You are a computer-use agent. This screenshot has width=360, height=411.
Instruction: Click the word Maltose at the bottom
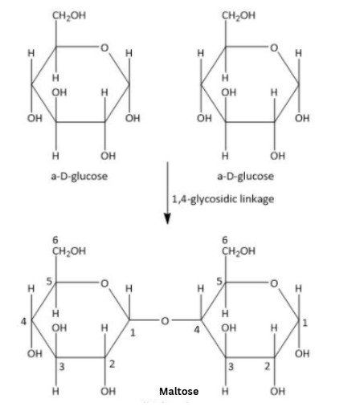(x=179, y=392)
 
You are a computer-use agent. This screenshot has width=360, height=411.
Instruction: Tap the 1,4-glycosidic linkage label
(x=223, y=199)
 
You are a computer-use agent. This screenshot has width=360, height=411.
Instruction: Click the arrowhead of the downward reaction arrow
(x=167, y=218)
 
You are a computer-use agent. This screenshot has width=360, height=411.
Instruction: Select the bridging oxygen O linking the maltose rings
(x=165, y=320)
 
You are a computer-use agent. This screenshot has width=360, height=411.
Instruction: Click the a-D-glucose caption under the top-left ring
(x=80, y=177)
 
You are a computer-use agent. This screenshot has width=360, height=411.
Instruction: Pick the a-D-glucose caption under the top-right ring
(x=245, y=177)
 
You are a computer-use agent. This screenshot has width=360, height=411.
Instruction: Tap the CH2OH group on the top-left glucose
(x=69, y=15)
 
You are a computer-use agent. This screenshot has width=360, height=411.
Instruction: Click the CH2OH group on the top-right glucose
(x=239, y=15)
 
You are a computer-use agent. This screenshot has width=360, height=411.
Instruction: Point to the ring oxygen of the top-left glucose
(x=104, y=47)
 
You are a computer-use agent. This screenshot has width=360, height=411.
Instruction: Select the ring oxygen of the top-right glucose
(x=274, y=47)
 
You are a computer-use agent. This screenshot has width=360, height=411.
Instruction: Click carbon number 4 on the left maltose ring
(x=24, y=321)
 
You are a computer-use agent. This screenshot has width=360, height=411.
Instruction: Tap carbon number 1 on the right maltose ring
(x=305, y=323)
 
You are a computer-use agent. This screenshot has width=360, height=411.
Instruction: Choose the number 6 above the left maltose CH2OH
(x=55, y=240)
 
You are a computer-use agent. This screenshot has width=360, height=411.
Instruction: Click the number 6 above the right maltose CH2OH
(x=224, y=240)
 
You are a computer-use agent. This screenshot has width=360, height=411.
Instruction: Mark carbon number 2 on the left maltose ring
(x=112, y=364)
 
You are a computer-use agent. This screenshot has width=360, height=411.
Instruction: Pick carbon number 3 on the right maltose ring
(x=231, y=367)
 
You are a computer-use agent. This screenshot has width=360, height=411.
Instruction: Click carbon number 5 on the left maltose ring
(x=50, y=281)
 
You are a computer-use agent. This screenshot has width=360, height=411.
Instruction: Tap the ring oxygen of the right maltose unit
(x=274, y=283)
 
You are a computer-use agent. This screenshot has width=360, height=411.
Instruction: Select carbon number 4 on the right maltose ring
(x=197, y=330)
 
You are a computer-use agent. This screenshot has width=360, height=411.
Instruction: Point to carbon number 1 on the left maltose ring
(x=133, y=332)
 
